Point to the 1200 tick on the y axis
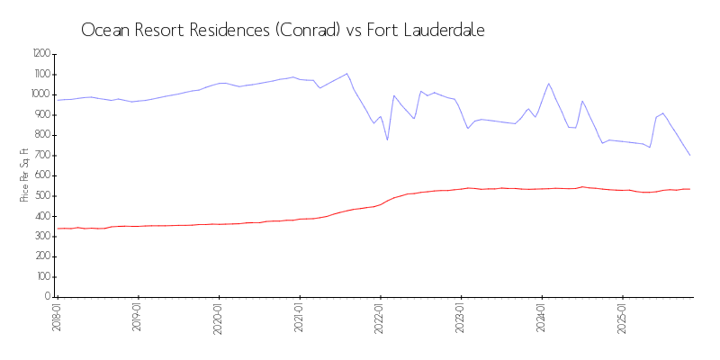(40, 54)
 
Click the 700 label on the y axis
(42, 156)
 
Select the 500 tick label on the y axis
(42, 196)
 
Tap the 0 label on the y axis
(49, 297)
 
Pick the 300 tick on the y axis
(42, 237)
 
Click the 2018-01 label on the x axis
(56, 317)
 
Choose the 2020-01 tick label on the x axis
(218, 317)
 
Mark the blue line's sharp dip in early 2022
(387, 139)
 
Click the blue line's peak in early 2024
(549, 84)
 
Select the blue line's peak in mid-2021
(346, 74)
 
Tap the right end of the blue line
(690, 156)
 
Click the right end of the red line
(690, 189)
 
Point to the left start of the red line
(58, 229)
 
